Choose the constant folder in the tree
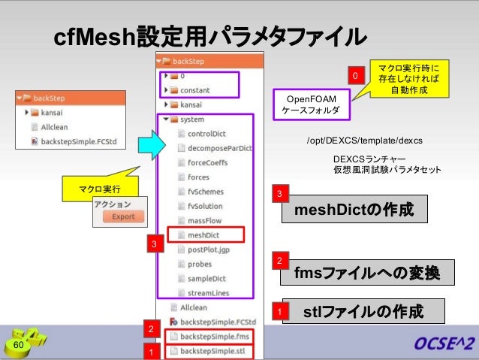[x=194, y=89]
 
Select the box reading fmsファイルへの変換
[x=366, y=271]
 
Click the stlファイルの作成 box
[x=368, y=311]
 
